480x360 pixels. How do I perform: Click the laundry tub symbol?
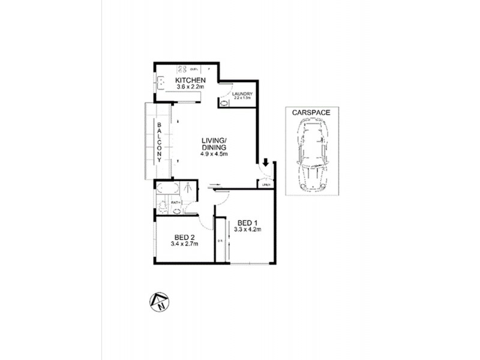224,103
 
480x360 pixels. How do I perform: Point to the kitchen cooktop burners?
183,68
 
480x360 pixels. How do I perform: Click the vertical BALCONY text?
160,145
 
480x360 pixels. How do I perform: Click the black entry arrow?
265,162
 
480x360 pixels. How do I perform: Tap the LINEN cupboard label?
266,185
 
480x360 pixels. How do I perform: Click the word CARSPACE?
311,112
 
